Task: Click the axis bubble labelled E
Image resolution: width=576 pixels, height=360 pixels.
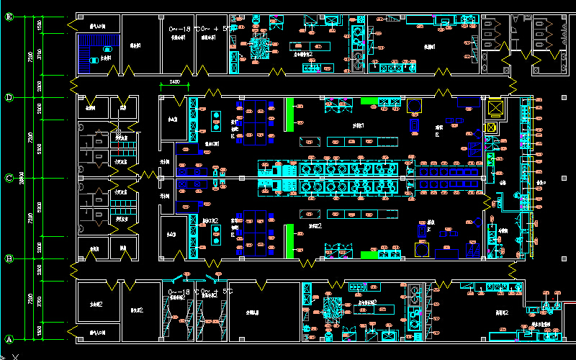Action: tap(9, 17)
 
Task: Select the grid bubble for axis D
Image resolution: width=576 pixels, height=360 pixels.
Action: tap(9, 97)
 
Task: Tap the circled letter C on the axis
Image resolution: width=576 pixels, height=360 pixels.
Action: tap(9, 178)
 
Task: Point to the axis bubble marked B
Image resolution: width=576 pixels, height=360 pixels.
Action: tap(9, 258)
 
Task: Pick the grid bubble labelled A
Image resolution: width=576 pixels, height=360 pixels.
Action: tap(9, 338)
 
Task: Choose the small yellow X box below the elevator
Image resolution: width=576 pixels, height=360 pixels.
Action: tap(492, 127)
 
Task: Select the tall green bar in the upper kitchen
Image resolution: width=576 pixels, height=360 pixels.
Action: tap(289, 114)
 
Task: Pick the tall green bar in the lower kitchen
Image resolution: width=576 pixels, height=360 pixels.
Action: tap(289, 240)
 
